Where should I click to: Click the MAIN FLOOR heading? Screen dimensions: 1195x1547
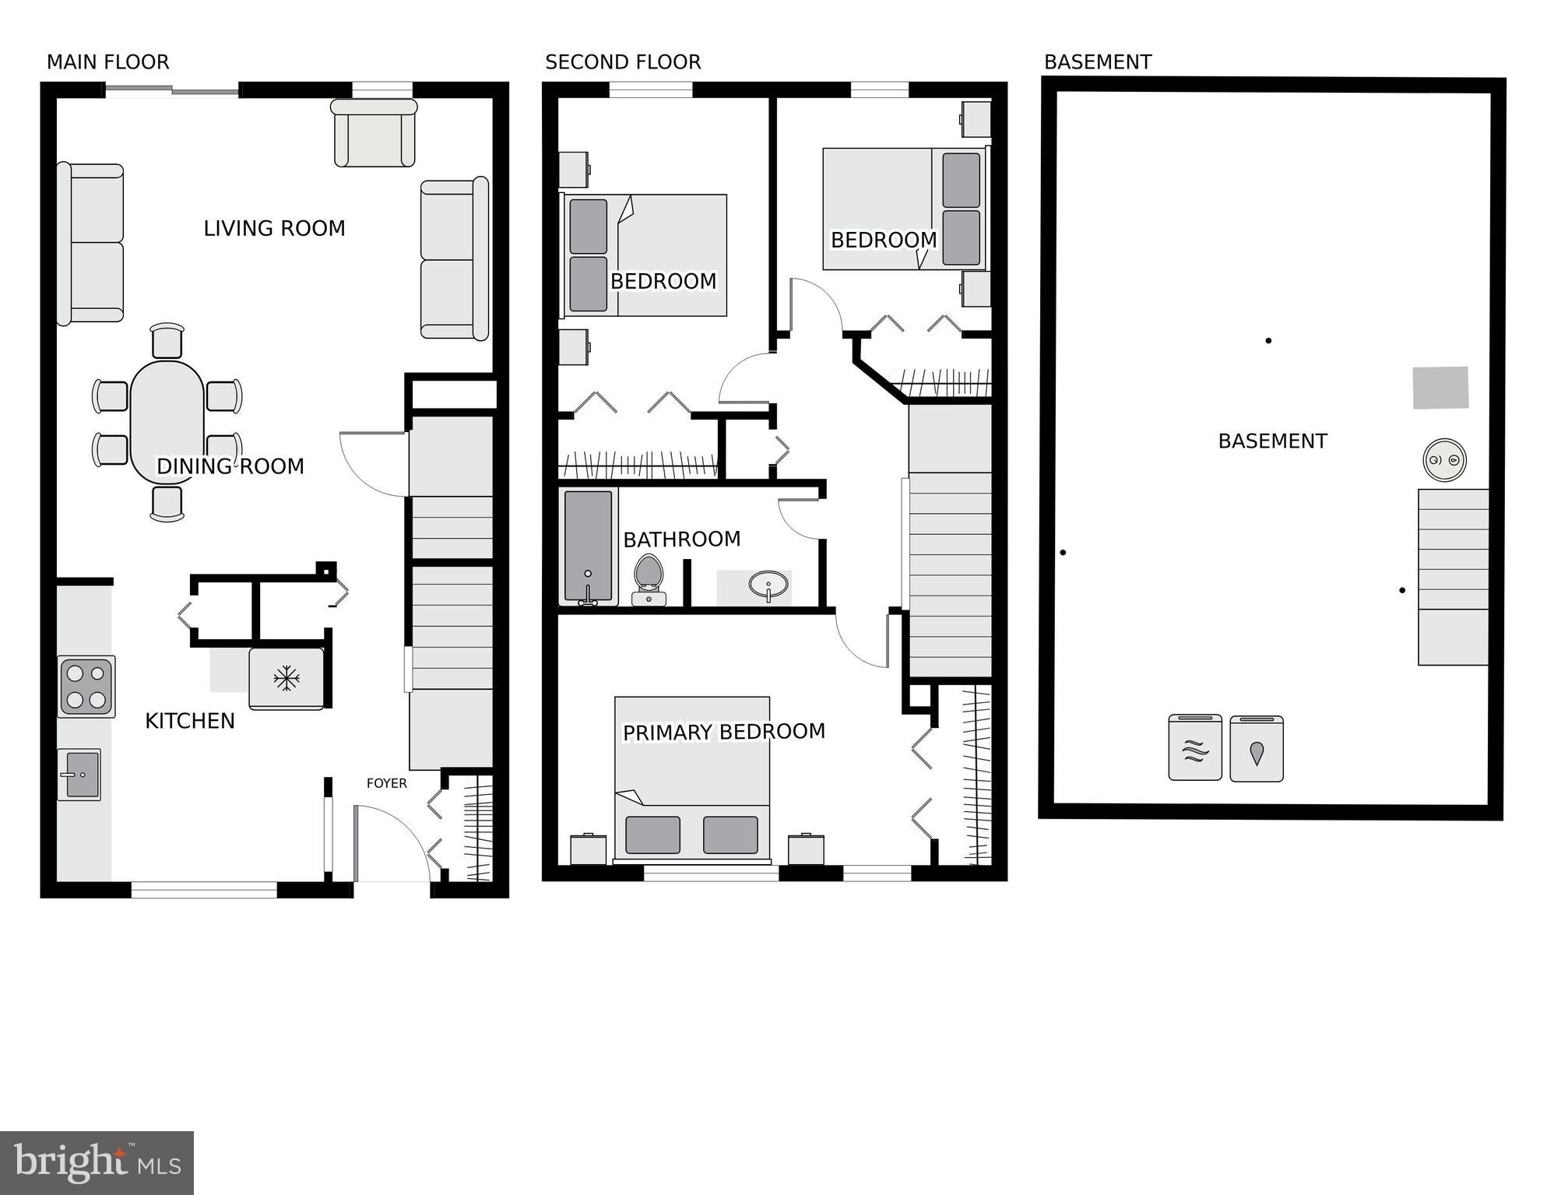click(107, 62)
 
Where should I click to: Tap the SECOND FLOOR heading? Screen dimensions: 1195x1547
click(623, 62)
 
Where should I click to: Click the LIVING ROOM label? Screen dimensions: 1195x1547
click(274, 228)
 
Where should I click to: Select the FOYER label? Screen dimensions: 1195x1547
click(387, 783)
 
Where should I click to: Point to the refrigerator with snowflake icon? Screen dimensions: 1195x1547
click(286, 678)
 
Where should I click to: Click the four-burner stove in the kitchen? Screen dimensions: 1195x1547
click(86, 686)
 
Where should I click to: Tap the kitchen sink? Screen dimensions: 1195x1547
click(79, 775)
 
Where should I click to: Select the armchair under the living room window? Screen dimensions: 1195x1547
click(374, 134)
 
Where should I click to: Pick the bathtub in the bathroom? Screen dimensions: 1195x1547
click(588, 547)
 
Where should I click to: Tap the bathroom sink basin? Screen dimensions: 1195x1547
click(768, 585)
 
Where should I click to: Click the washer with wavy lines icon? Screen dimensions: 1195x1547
click(1195, 748)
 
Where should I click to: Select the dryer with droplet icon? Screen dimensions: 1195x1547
click(1257, 749)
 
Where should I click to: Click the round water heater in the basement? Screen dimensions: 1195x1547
click(1444, 459)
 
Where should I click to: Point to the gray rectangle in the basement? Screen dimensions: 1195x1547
click(1440, 388)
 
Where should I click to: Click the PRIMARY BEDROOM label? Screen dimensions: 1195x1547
click(723, 732)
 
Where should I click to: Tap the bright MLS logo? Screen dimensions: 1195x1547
click(97, 1163)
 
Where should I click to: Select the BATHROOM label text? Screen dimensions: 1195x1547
click(681, 539)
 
